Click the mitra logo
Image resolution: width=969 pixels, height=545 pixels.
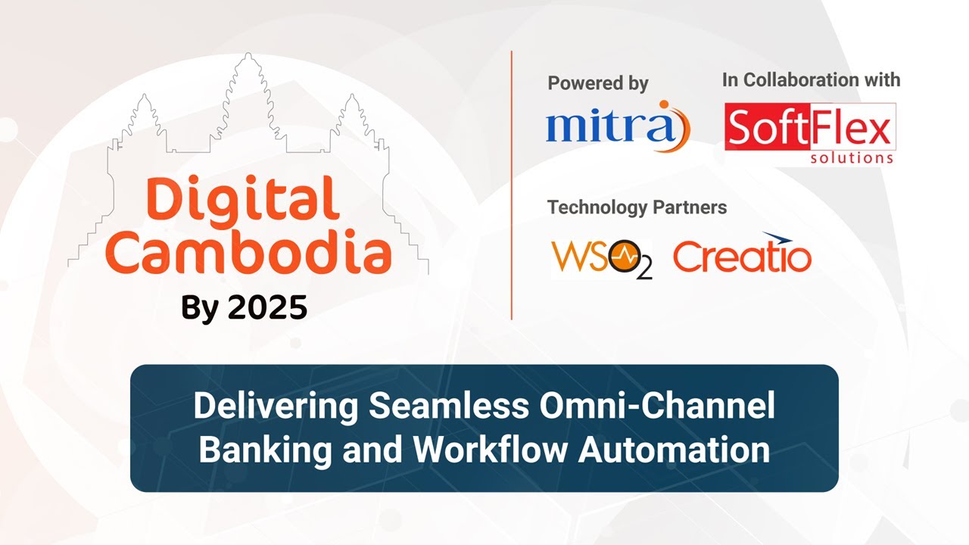tap(617, 126)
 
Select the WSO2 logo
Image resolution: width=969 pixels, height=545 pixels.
tap(601, 257)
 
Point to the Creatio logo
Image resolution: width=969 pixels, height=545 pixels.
tap(742, 256)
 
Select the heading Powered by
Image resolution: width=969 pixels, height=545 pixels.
tap(597, 83)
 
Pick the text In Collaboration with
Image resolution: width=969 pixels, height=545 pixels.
tap(811, 79)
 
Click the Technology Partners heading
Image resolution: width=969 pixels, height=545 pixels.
tap(637, 207)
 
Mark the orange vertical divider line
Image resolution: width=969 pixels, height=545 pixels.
tap(512, 185)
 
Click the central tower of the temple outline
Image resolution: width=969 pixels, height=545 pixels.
tap(248, 83)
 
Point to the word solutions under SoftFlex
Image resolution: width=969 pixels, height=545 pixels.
tap(852, 158)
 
